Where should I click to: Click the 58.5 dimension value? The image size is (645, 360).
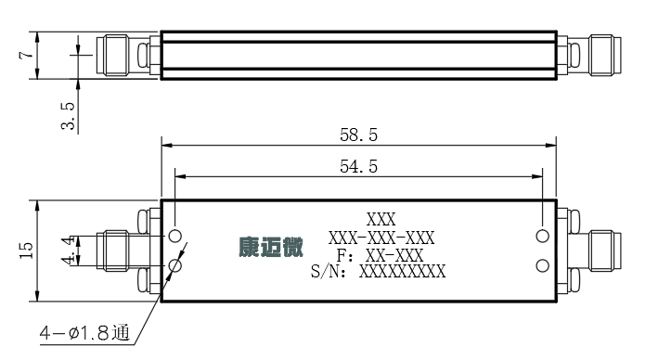pos(358,135)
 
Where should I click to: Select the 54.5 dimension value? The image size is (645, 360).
pos(358,167)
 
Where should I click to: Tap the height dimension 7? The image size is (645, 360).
pos(26,55)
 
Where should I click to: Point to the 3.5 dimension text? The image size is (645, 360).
pos(69,116)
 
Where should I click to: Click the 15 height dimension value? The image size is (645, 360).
pos(26,251)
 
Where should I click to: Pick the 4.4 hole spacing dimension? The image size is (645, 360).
pos(69,251)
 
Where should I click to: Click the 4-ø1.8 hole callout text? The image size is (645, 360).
pos(84,332)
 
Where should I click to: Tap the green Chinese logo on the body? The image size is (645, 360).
pos(271,247)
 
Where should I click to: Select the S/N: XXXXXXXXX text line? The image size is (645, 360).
pos(378,272)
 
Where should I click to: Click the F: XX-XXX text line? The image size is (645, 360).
pos(380,255)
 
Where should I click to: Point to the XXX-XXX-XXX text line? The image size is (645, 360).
pos(381,238)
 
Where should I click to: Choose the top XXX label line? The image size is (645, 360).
pos(381,220)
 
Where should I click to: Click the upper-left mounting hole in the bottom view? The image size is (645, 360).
pos(174,237)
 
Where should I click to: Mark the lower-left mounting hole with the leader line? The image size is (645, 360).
pos(174,265)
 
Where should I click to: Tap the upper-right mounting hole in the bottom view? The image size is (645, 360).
pos(543,237)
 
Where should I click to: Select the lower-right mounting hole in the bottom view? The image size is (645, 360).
pos(543,265)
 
